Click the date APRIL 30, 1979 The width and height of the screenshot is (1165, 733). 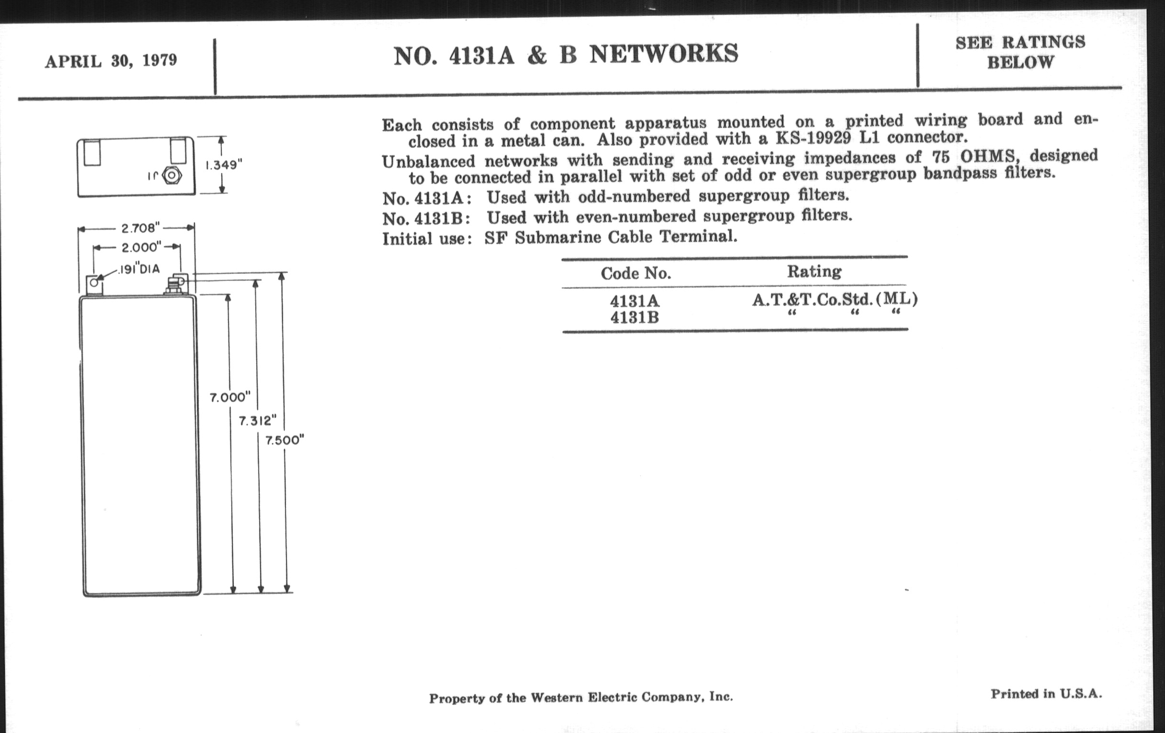pyautogui.click(x=111, y=61)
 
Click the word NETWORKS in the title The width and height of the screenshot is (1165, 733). pyautogui.click(x=663, y=54)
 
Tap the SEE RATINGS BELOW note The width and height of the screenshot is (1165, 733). pyautogui.click(x=1020, y=52)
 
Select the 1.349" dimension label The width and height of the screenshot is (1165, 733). pyautogui.click(x=224, y=165)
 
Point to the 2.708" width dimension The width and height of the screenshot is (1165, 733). pyautogui.click(x=140, y=228)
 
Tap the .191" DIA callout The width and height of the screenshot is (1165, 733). pyautogui.click(x=139, y=268)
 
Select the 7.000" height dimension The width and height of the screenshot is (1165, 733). pyautogui.click(x=230, y=398)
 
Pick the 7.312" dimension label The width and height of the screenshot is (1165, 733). pyautogui.click(x=257, y=421)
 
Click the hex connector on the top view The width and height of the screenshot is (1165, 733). pyautogui.click(x=171, y=175)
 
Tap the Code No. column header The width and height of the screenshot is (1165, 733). pyautogui.click(x=636, y=274)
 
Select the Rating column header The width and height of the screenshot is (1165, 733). pyautogui.click(x=814, y=272)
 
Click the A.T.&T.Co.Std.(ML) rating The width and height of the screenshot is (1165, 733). pyautogui.click(x=834, y=299)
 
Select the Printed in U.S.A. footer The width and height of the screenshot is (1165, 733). pyautogui.click(x=1047, y=694)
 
